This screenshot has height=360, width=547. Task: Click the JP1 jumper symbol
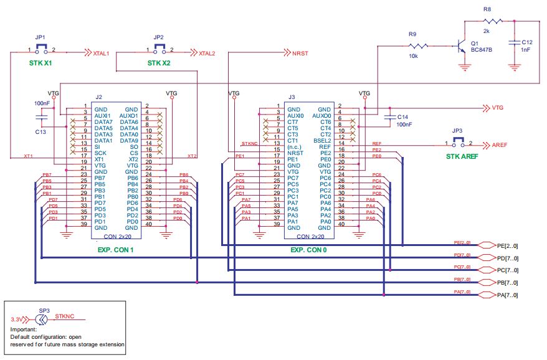tap(41, 50)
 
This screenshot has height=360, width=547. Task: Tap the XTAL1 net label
tap(100, 54)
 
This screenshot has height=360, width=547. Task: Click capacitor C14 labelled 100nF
tap(391, 116)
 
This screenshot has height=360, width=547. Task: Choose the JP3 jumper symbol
tap(458, 143)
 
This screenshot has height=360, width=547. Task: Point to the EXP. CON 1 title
tap(116, 250)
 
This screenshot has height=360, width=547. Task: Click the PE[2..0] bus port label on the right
tap(507, 245)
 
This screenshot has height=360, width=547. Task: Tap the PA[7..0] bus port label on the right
tap(507, 295)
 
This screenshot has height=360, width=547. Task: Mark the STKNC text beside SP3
tap(64, 316)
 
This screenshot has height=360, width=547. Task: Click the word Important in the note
tap(24, 329)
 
